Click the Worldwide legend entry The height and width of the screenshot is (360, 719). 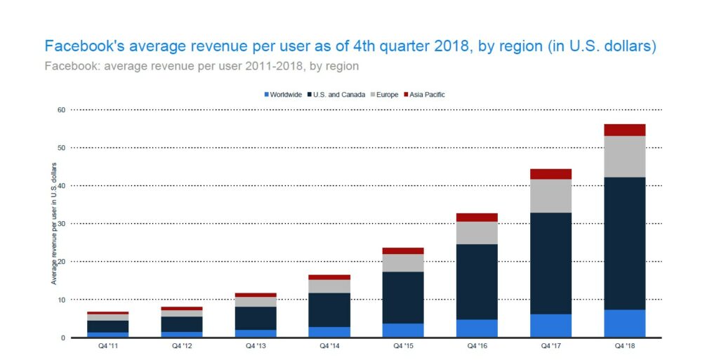[x=284, y=95]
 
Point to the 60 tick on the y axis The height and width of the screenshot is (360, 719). [x=62, y=110]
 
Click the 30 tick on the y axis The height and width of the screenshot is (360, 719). [x=62, y=224]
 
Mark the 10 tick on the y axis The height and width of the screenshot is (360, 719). [x=62, y=300]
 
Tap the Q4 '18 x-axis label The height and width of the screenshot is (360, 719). [x=624, y=346]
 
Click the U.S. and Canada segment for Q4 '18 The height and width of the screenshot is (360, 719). [x=624, y=243]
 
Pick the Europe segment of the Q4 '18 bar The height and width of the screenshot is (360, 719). [x=624, y=156]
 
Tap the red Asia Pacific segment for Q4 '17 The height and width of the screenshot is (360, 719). [x=550, y=174]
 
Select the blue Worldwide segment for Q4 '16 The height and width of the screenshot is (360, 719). [x=477, y=328]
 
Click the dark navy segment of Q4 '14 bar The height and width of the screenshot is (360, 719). [x=329, y=309]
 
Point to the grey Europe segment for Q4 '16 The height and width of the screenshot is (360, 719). [x=477, y=233]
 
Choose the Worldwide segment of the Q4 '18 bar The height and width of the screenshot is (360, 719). [x=624, y=324]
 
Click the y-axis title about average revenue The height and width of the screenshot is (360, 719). [x=54, y=224]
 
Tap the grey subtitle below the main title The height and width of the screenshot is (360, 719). [x=202, y=67]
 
